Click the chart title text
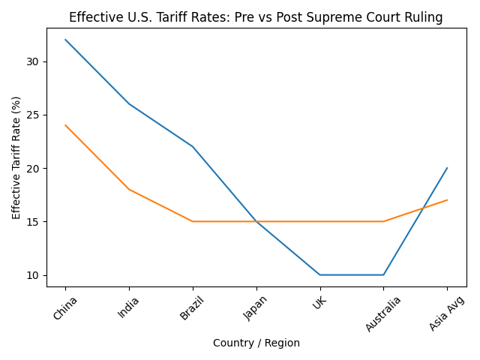[256, 18]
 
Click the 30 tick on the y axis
[34, 61]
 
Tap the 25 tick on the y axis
[34, 115]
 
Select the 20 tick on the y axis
[34, 168]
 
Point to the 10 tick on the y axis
[34, 275]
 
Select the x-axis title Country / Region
[256, 343]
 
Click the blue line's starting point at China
[65, 40]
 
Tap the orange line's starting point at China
[65, 125]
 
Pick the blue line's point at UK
[320, 274]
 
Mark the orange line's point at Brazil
[193, 221]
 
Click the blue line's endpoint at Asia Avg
[447, 168]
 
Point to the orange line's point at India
[129, 189]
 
